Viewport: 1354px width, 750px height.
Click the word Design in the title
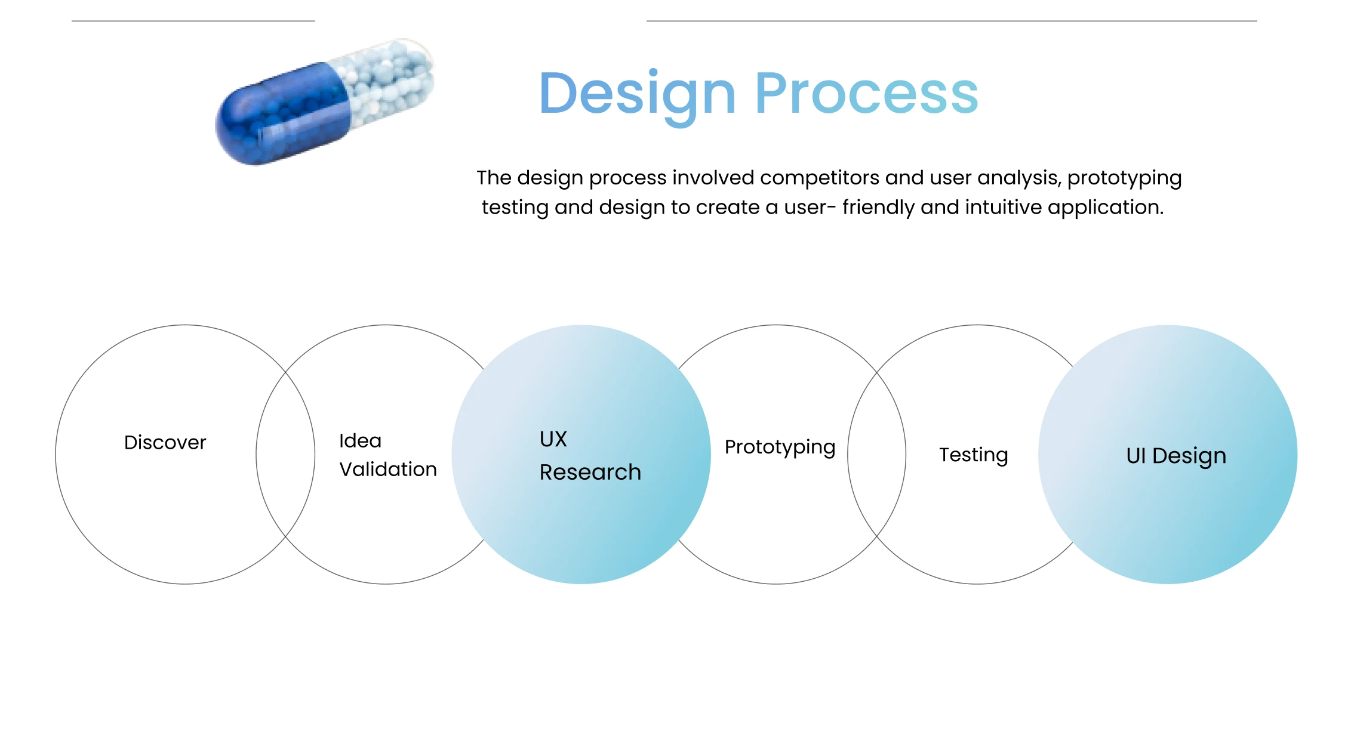[x=638, y=95]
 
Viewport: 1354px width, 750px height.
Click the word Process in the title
[x=867, y=93]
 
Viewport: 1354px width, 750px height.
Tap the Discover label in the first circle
[x=165, y=442]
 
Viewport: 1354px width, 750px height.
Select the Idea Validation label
[x=388, y=455]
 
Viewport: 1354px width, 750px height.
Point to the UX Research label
[x=590, y=455]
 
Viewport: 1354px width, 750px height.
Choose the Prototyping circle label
[x=780, y=448]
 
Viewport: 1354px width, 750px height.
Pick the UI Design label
[x=1176, y=456]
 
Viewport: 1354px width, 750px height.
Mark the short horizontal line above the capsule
[x=193, y=21]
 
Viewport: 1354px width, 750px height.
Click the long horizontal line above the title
[x=952, y=21]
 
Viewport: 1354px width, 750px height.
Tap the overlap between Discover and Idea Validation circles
[x=285, y=455]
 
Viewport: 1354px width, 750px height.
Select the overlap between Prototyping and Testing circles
[x=876, y=455]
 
